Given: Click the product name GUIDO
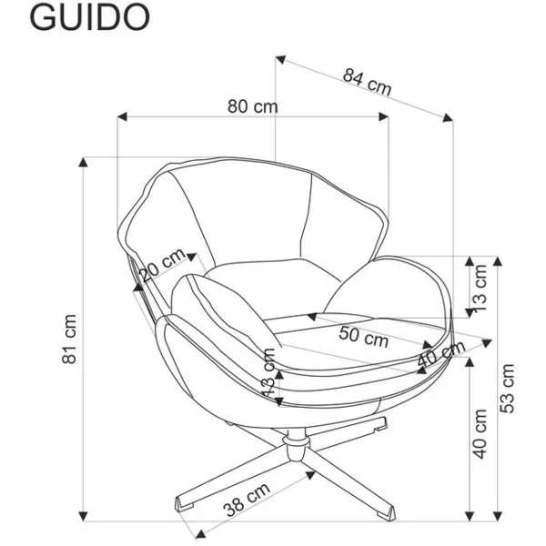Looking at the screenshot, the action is point(90,17).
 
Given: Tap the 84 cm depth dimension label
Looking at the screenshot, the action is point(367,82).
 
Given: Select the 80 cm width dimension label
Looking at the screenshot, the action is point(253,106).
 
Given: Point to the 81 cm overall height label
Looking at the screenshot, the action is point(69,339).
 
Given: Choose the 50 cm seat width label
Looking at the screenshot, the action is point(363,337).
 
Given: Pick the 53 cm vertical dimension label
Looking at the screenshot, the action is point(507,389).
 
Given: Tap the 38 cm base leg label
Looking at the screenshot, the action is point(247,500).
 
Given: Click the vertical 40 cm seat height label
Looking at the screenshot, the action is point(480,434).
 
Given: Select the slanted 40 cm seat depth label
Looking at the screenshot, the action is point(441,354).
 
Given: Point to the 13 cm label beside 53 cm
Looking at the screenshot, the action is point(480,288).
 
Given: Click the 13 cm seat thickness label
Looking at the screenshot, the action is point(269,372).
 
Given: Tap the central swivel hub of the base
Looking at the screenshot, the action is point(297,445).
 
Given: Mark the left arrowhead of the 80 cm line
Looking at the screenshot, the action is point(123,116).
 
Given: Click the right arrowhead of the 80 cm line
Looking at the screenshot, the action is point(383,116).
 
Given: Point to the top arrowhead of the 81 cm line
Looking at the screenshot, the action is point(83,162).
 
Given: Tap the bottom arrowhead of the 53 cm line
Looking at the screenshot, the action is point(497,516).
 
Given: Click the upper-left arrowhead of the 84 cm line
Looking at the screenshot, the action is point(280,59).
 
